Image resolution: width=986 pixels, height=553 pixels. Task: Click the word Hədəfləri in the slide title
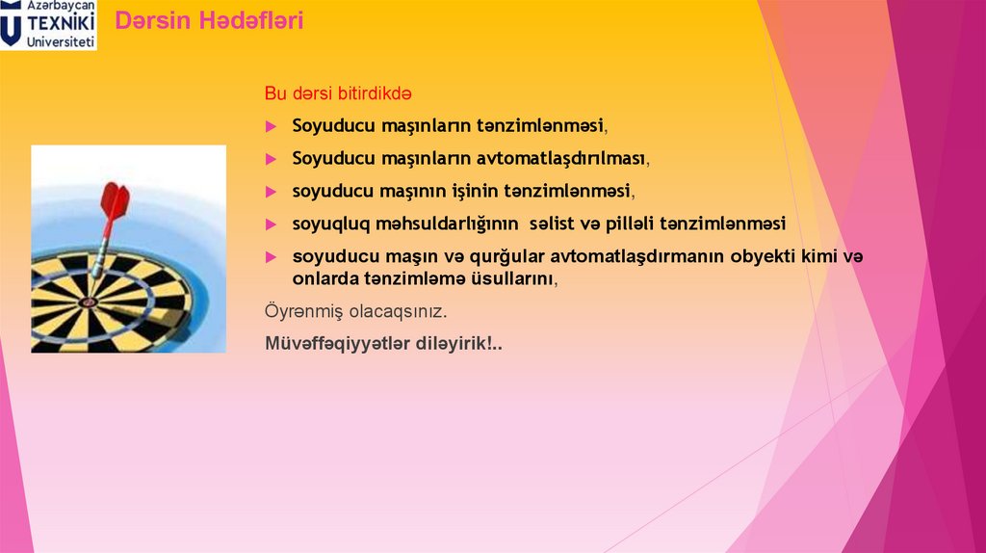[x=251, y=21]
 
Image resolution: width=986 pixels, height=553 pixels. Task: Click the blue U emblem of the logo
[x=12, y=26]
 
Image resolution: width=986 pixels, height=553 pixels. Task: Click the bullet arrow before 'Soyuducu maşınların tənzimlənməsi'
[x=272, y=126]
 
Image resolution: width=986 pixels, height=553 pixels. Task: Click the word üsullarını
[x=511, y=278]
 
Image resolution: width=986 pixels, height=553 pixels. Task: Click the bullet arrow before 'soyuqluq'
[x=272, y=224]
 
